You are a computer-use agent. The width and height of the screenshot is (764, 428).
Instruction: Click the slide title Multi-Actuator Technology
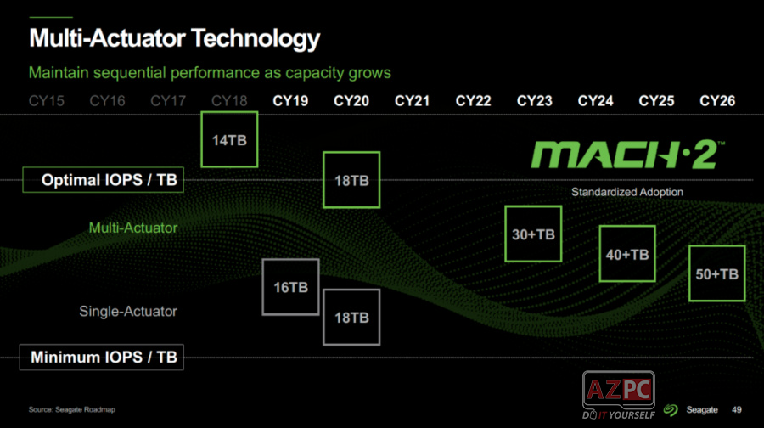pos(175,38)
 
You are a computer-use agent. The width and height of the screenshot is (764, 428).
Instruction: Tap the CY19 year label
pos(290,101)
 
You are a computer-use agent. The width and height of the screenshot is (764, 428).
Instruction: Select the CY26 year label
pos(717,101)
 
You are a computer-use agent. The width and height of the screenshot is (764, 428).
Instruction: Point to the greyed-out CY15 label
pos(47,101)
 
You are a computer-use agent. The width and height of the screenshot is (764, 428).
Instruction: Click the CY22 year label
pos(473,101)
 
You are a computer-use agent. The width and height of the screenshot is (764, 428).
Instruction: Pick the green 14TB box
pos(229,139)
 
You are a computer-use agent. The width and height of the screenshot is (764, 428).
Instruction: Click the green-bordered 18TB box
pos(351,180)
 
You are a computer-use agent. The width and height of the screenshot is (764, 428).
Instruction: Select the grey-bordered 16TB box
pos(290,287)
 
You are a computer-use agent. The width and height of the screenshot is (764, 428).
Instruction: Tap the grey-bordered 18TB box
pos(351,317)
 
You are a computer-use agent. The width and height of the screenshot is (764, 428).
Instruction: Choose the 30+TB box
pos(533,234)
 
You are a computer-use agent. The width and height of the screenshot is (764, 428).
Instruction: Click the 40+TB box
pos(627,254)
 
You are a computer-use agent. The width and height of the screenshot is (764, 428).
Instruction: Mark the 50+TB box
pos(716,273)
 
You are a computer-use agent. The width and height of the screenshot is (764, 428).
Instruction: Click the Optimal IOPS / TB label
pos(102,180)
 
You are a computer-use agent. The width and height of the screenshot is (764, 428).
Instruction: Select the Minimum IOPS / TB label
pos(102,358)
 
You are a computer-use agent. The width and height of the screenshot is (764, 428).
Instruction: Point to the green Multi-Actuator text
pos(133,228)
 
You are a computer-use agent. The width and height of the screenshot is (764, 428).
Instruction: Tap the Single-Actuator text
pos(128,311)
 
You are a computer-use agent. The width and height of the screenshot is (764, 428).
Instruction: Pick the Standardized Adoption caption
pos(627,192)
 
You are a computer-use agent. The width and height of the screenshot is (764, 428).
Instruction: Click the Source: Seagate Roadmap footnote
pos(72,409)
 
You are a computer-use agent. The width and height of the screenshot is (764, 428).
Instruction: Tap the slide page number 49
pos(737,408)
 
